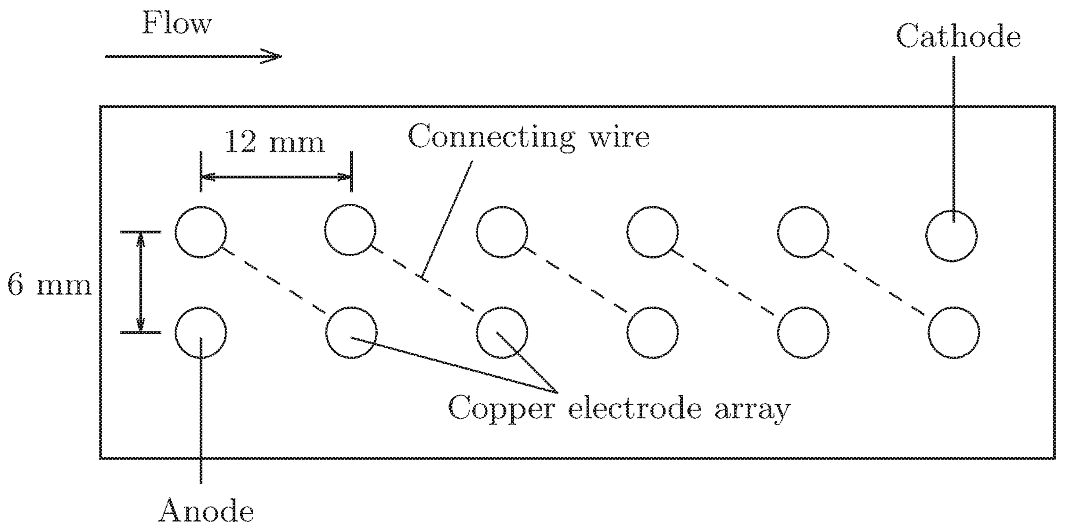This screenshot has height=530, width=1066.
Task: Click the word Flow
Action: coord(177,23)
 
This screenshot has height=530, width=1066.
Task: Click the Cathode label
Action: coord(958,37)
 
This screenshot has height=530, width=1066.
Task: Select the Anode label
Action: coord(206,511)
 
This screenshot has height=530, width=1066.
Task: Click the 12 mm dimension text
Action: coord(274,142)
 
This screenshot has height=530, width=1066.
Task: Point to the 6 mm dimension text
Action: coord(49,285)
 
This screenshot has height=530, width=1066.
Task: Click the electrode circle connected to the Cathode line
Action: coord(951,236)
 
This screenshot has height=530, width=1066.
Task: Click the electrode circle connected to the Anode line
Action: coord(201,333)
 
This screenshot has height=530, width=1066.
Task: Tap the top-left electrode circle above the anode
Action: coord(201,232)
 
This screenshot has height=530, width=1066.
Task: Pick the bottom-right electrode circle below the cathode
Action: coord(953,333)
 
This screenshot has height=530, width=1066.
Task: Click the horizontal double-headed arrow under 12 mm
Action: coord(276,177)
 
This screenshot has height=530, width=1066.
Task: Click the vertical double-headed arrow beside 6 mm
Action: coord(141,282)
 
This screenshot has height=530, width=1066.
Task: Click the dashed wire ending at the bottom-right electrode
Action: coord(873,282)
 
